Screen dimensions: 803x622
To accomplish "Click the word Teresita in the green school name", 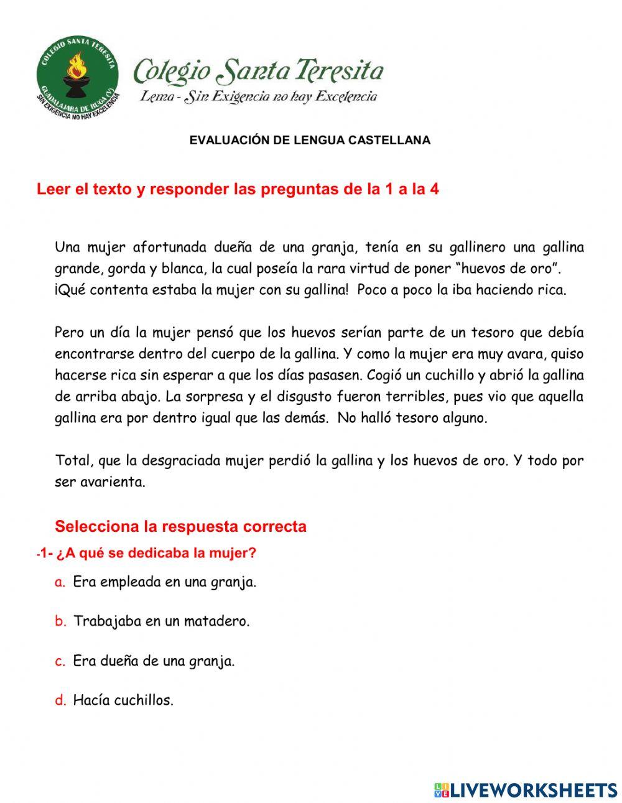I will point(340,71).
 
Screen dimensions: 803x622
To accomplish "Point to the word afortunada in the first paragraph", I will point(169,248).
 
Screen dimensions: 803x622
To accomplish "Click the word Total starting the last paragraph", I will point(74,461).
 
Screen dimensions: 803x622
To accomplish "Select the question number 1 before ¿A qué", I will point(44,553).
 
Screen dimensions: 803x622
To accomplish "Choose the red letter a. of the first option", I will point(60,582).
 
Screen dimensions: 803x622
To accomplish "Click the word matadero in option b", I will point(217,621).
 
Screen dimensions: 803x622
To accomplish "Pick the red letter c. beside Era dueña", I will point(60,661).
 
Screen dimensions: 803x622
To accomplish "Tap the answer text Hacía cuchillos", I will point(123,700).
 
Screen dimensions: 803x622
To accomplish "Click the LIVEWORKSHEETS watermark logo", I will point(525,790).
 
